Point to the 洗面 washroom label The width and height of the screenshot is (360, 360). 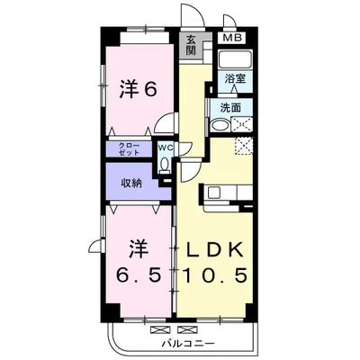click(x=231, y=107)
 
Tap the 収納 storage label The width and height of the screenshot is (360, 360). click(x=131, y=183)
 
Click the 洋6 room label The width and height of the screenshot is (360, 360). click(x=139, y=89)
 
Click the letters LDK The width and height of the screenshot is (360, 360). click(x=216, y=248)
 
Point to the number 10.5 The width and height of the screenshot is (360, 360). click(x=216, y=274)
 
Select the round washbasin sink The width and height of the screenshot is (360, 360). click(x=220, y=126)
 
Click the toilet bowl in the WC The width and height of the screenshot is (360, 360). click(x=165, y=164)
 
